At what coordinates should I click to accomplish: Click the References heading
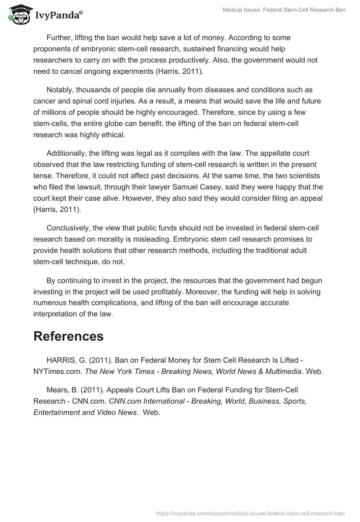pos(68,336)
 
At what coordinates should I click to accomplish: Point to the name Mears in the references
pos(57,390)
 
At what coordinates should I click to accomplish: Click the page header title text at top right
pos(284,10)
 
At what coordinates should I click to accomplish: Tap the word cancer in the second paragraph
pos(45,101)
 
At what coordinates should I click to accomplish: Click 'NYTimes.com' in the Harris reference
pos(57,372)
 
